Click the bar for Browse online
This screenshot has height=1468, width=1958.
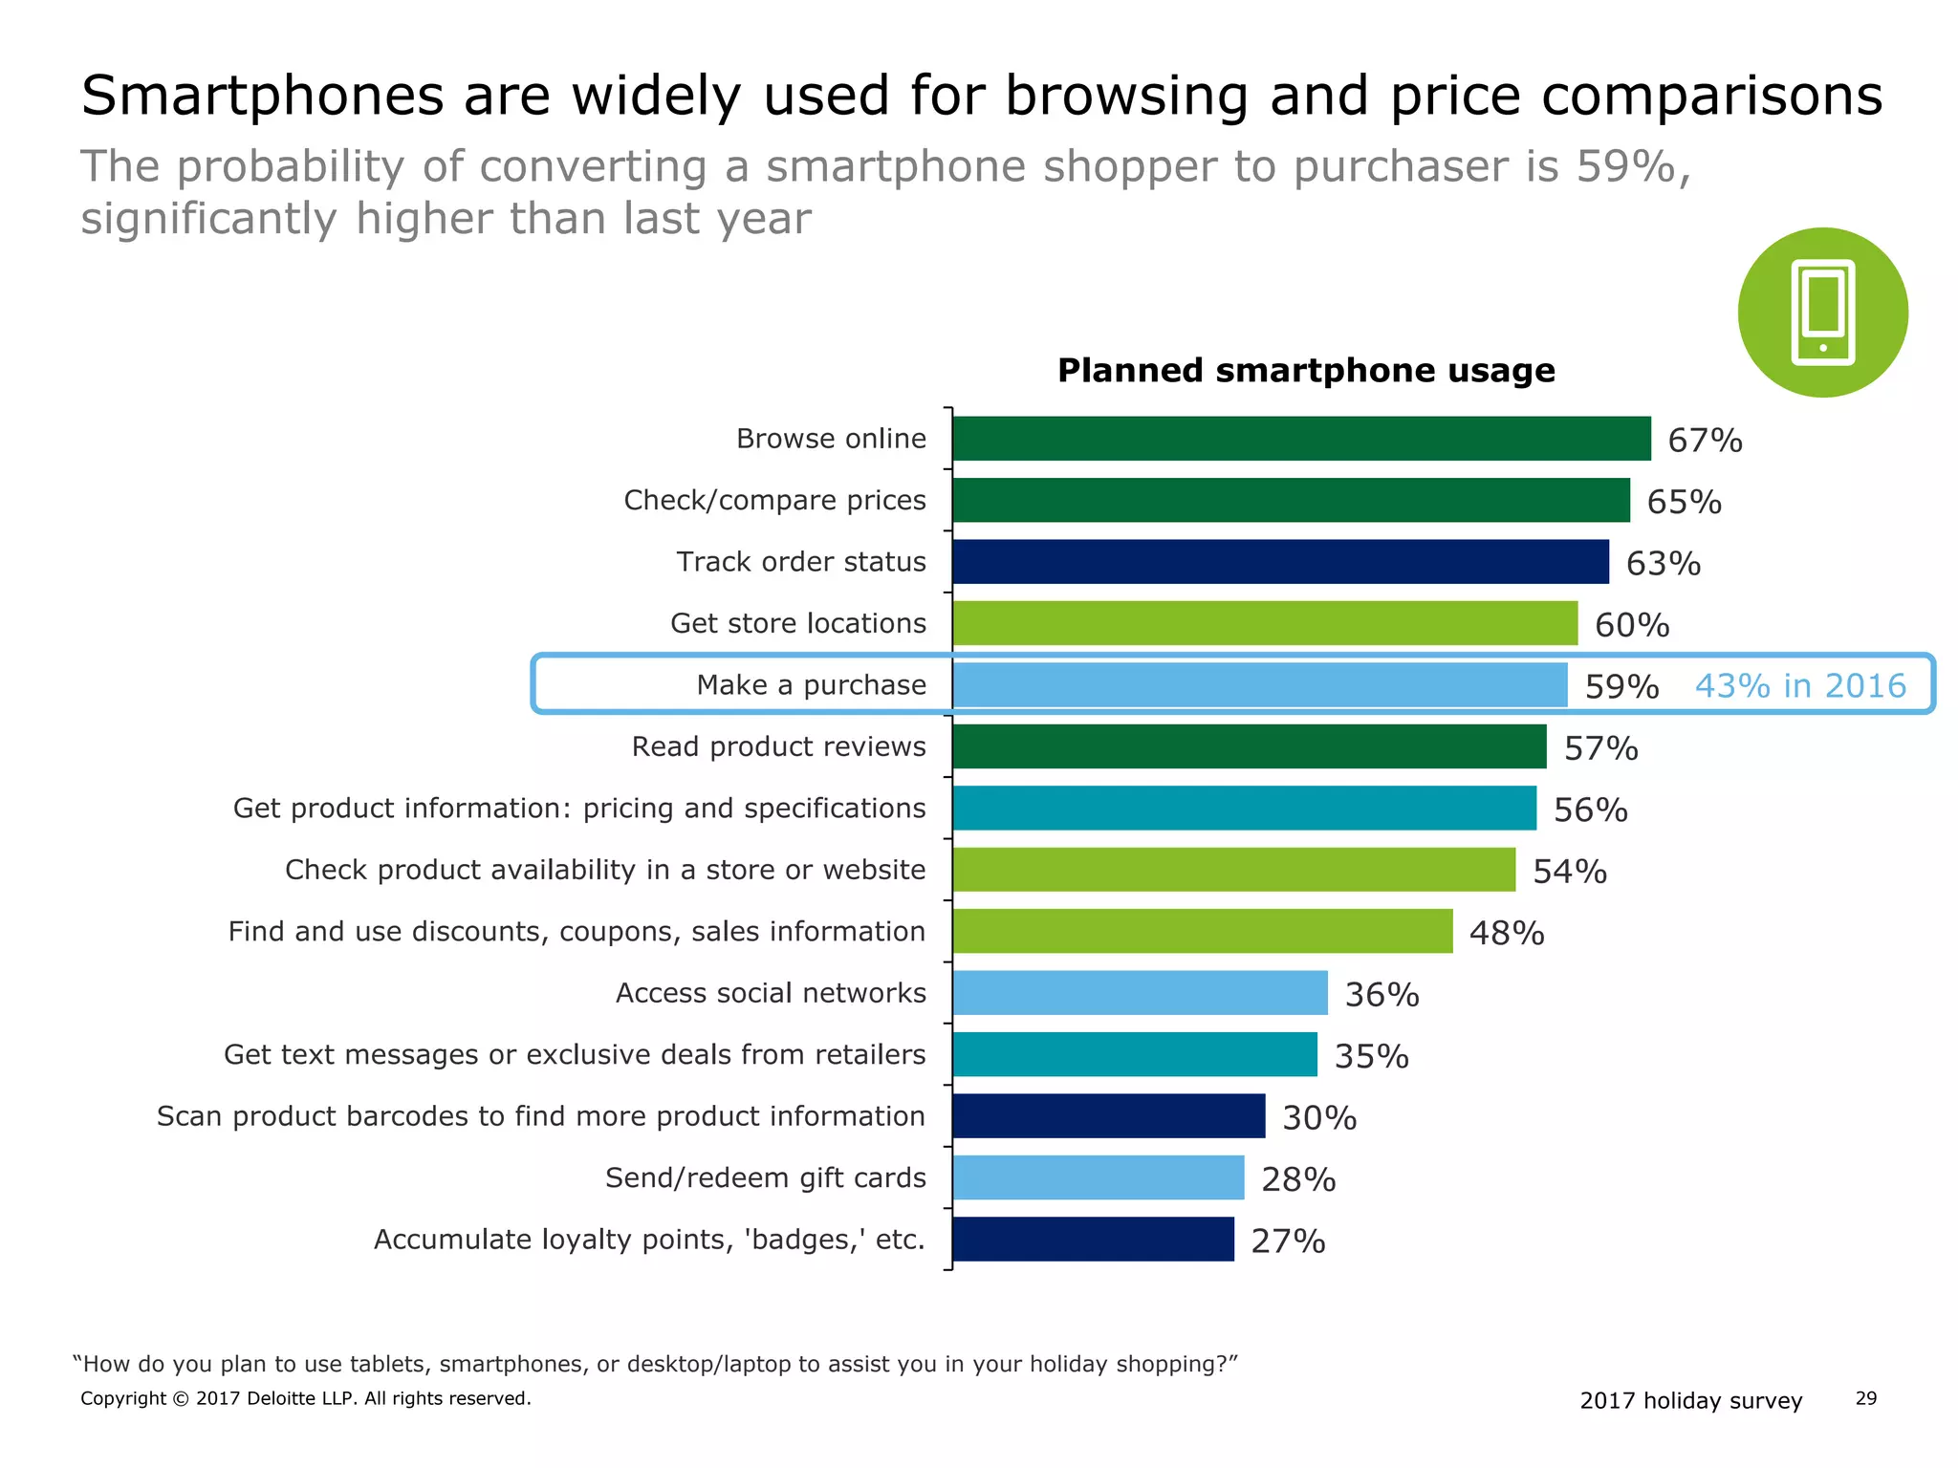1300,439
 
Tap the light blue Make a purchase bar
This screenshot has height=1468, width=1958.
1259,685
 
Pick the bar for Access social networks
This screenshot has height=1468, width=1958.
1139,993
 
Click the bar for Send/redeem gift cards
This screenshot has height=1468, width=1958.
1098,1177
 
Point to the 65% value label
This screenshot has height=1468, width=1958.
1684,502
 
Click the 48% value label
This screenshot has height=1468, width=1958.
1507,933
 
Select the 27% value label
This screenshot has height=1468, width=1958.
1288,1241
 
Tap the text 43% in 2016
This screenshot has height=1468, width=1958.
1799,685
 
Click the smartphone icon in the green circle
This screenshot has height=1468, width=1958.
1822,313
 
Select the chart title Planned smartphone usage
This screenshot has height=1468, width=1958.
1305,371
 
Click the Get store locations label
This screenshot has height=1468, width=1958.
797,623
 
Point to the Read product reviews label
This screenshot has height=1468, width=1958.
778,746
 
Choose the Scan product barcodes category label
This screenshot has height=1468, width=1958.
540,1116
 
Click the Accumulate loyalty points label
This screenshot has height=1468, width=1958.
649,1240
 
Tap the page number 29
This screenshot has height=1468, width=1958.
1865,1398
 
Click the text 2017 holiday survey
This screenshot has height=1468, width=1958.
1690,1400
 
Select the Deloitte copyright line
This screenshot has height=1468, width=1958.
305,1398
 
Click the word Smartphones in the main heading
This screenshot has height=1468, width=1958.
262,96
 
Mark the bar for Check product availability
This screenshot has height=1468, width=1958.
1233,870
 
